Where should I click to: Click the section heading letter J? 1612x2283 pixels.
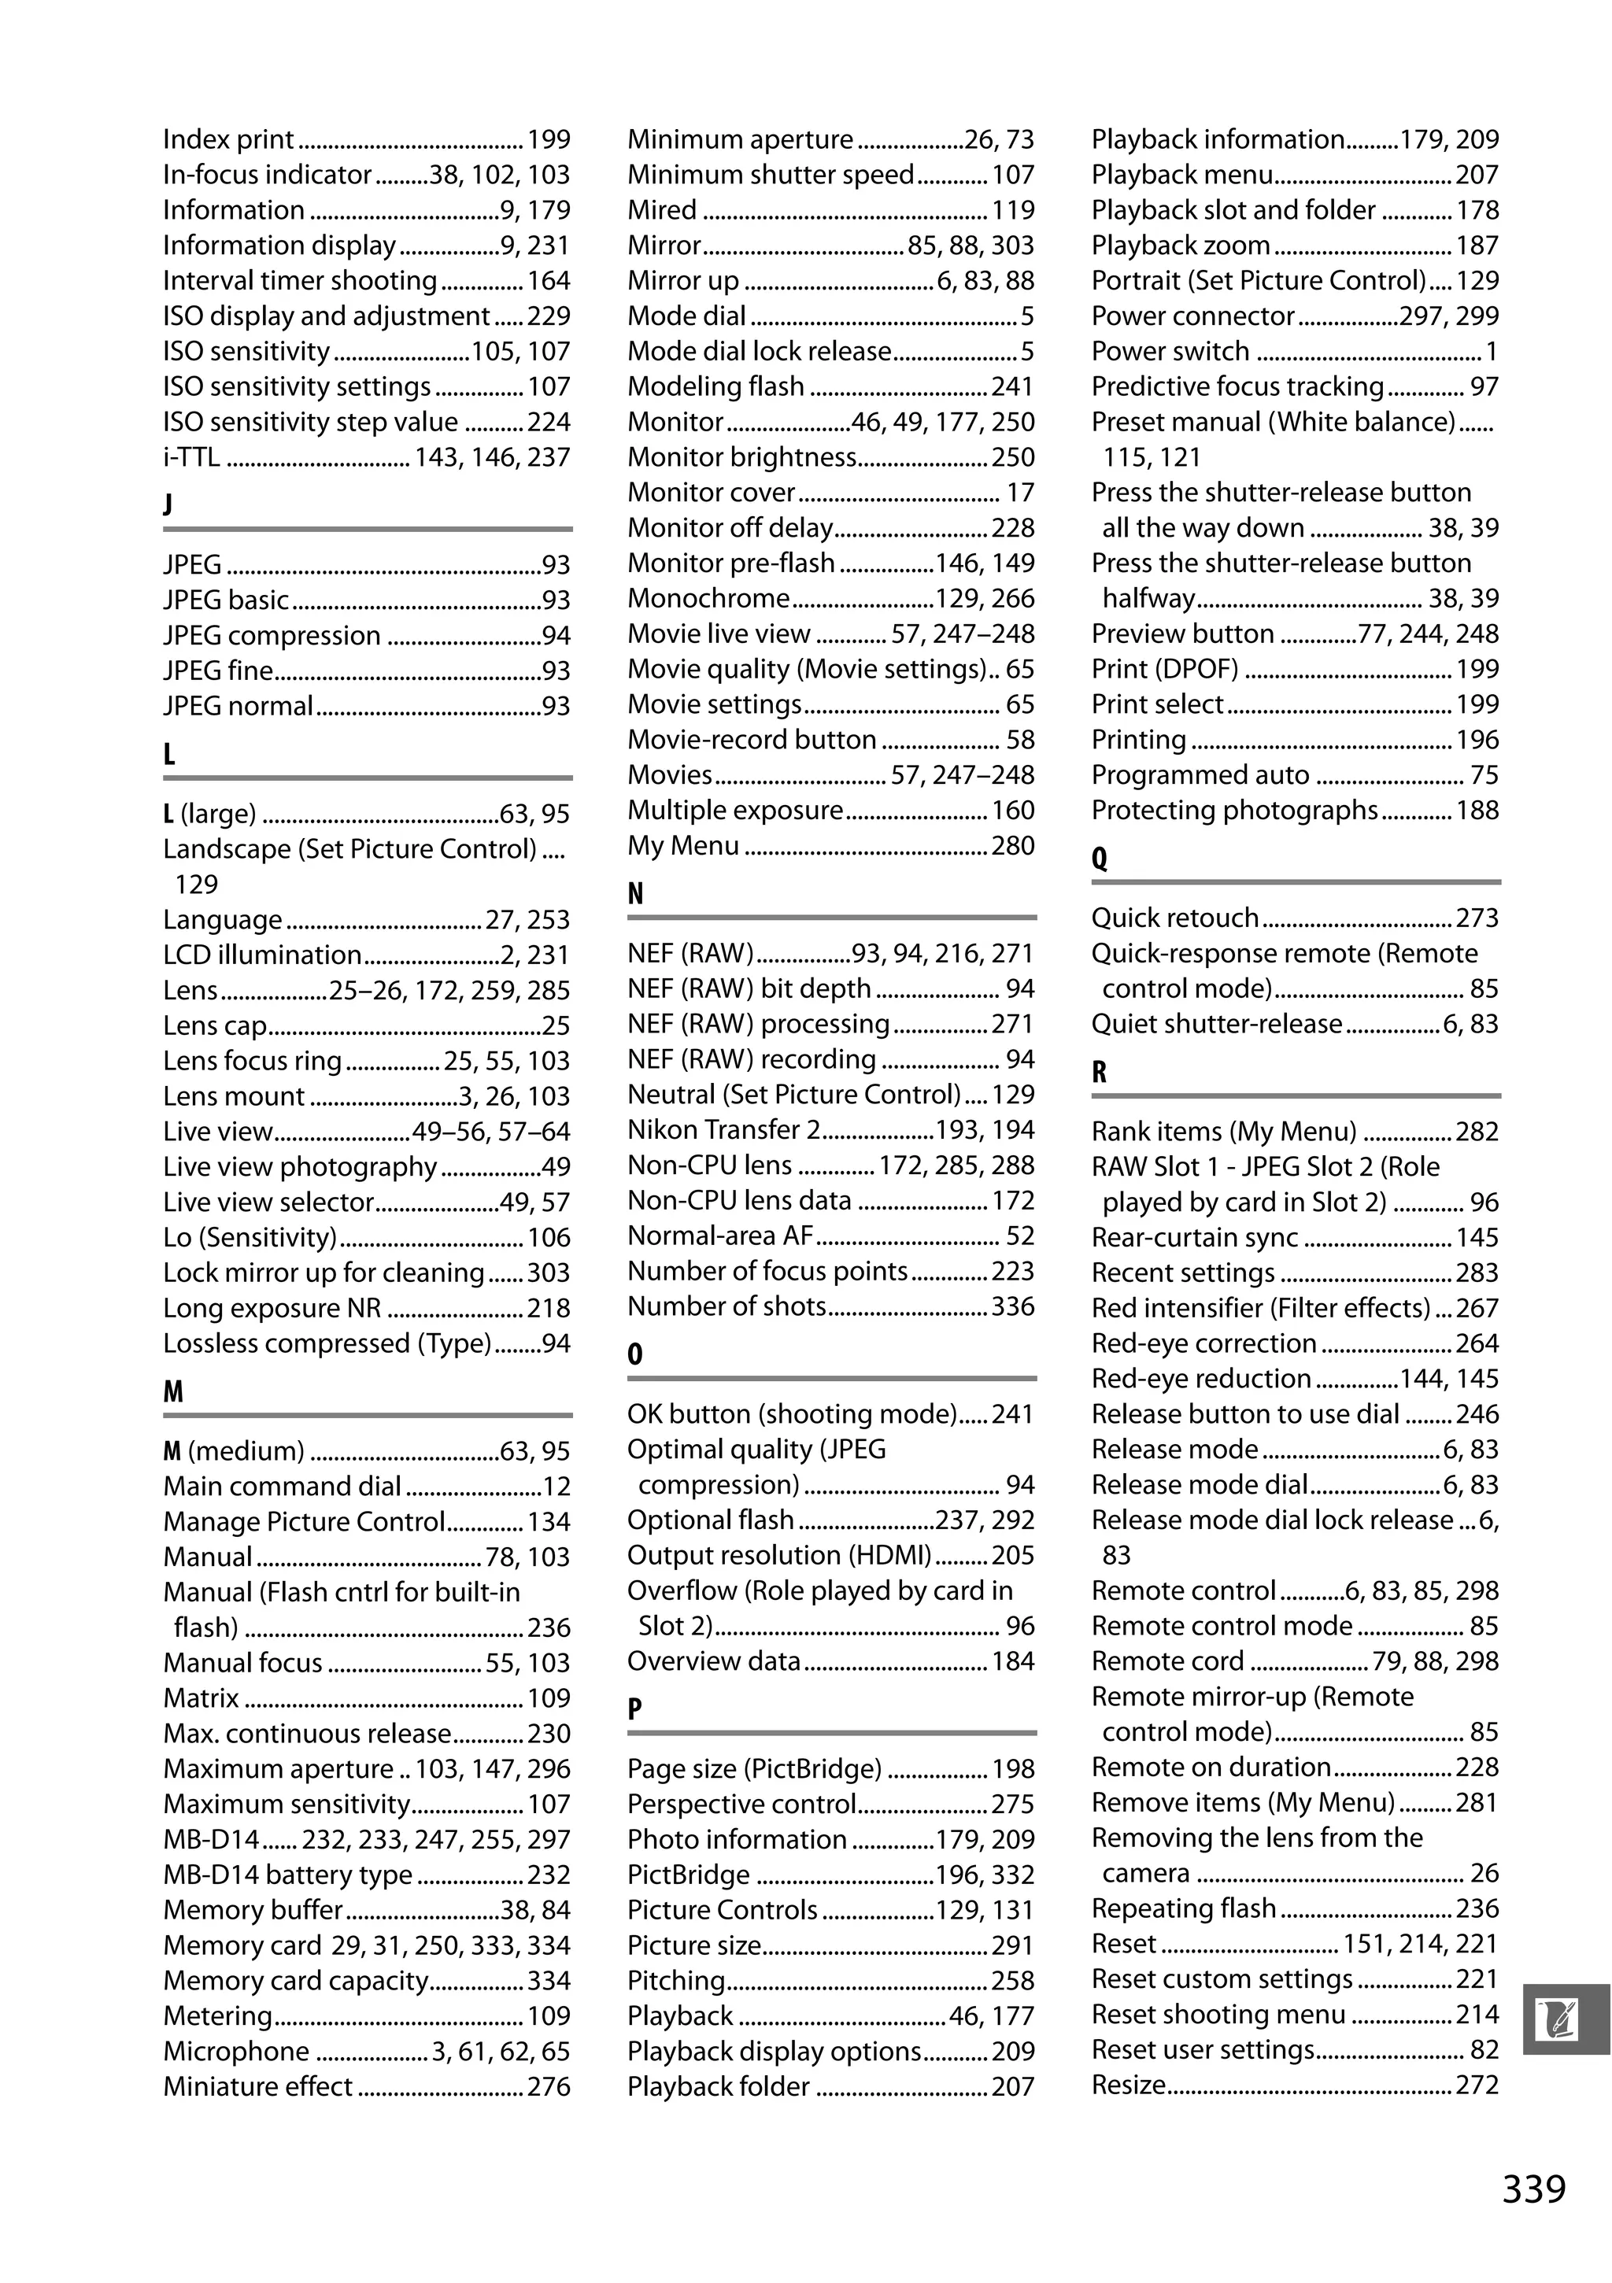168,504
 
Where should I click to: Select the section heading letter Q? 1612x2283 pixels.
1099,858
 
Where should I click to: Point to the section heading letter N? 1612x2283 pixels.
635,893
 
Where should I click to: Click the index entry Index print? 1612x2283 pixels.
229,139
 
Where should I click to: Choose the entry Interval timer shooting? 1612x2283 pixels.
299,280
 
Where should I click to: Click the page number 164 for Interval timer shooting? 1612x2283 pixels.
548,280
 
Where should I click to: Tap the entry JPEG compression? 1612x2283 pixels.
272,635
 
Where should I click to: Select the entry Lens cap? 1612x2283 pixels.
215,1025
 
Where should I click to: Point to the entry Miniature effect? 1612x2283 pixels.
257,2086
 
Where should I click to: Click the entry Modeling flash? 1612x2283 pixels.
715,386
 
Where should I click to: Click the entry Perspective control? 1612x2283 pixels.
741,1804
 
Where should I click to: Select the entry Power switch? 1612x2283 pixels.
1170,351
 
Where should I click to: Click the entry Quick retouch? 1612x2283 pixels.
1174,918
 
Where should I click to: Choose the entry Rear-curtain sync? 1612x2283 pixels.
1194,1237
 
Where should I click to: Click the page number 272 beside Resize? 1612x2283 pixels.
1477,2084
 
